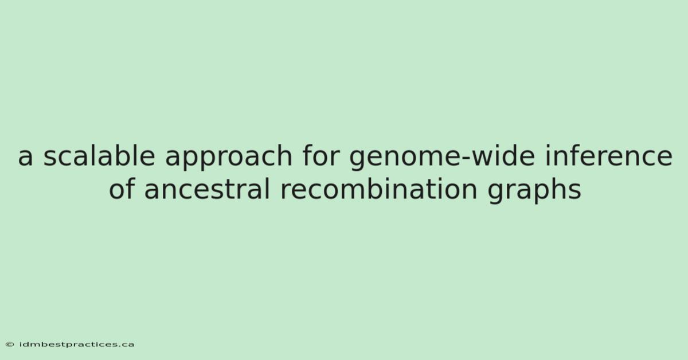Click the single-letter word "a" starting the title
coord(25,156)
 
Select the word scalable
coord(99,155)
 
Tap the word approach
coord(229,158)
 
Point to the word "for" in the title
coord(321,155)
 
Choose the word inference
coord(609,155)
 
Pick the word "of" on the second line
coord(122,188)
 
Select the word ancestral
coord(208,188)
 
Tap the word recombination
coord(379,188)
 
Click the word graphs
coord(534,191)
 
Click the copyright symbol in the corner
coord(10,345)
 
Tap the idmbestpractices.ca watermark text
coord(76,345)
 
